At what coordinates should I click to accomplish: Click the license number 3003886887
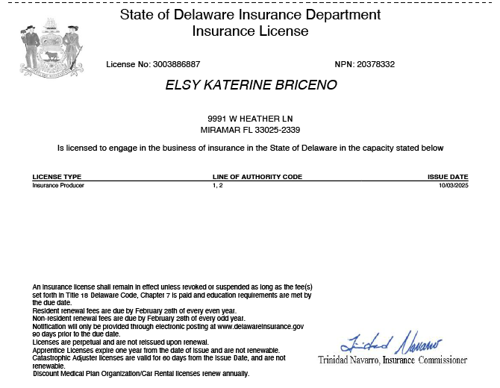(x=176, y=65)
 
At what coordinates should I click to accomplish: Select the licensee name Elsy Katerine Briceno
(x=251, y=85)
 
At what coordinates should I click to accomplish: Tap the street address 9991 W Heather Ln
(x=250, y=119)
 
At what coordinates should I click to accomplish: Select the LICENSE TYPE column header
(x=57, y=177)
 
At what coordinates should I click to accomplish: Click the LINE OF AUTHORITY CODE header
(x=257, y=177)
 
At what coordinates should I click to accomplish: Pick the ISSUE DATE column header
(x=448, y=177)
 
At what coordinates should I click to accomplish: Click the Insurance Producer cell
(x=58, y=185)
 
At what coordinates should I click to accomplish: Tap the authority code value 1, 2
(x=217, y=185)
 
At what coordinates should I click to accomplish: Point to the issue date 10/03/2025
(x=454, y=185)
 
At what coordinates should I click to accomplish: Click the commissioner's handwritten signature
(x=391, y=345)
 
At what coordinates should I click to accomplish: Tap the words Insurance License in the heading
(x=250, y=31)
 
